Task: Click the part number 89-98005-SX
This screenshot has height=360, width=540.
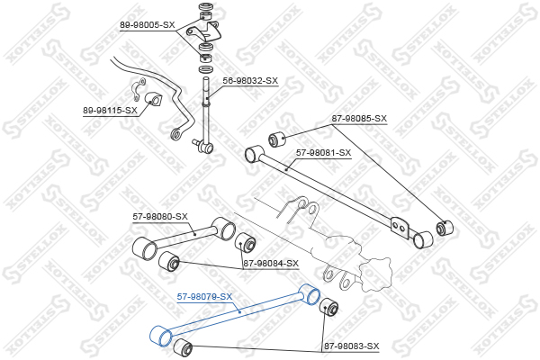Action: [x=148, y=25]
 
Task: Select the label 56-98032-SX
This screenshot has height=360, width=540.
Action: [x=250, y=81]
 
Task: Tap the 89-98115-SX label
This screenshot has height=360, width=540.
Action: [x=110, y=111]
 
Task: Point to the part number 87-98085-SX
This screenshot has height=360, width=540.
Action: [x=359, y=119]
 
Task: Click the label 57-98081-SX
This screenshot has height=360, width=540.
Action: [x=323, y=153]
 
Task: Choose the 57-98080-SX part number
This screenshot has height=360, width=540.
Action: [x=160, y=217]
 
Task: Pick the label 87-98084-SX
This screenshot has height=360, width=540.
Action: [x=271, y=264]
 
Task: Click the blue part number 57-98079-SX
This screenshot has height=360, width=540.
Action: [x=204, y=297]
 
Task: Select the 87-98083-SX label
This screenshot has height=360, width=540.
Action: [x=352, y=346]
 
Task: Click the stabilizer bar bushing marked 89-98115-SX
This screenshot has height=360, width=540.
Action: [x=153, y=100]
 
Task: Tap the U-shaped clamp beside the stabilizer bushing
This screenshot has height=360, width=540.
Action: [x=138, y=90]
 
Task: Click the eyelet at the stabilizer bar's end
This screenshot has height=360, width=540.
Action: [x=176, y=134]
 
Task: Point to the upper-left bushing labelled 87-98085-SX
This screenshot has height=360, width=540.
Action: [x=276, y=139]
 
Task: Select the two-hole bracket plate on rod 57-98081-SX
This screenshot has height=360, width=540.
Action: [x=400, y=228]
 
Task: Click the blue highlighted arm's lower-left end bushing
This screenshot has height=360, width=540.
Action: [x=161, y=336]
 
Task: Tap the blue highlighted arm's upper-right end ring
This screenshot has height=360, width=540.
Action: [x=310, y=294]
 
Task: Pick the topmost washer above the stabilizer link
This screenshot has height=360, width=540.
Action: [x=206, y=7]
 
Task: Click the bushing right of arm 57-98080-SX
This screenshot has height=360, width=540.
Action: [x=245, y=242]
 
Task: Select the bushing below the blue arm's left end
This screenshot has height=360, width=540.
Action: [x=183, y=348]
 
